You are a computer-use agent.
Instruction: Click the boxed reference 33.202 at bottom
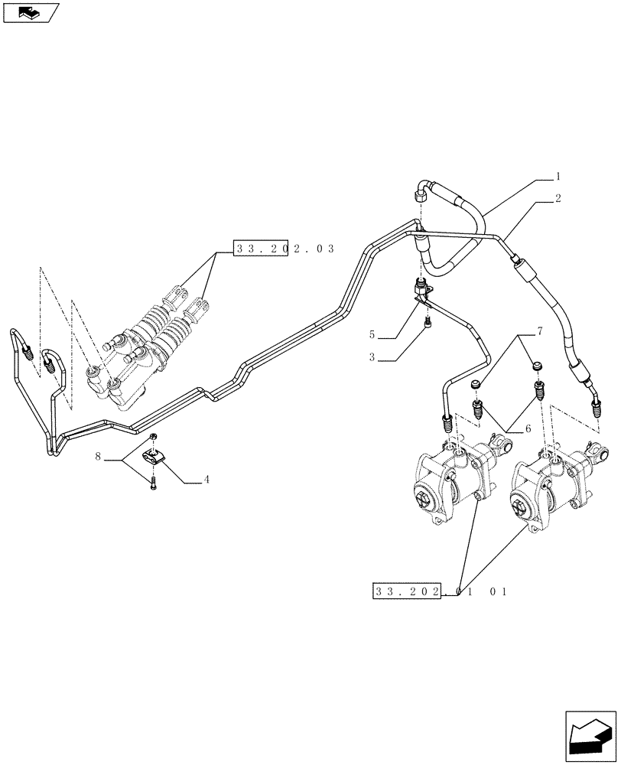click(x=406, y=591)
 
